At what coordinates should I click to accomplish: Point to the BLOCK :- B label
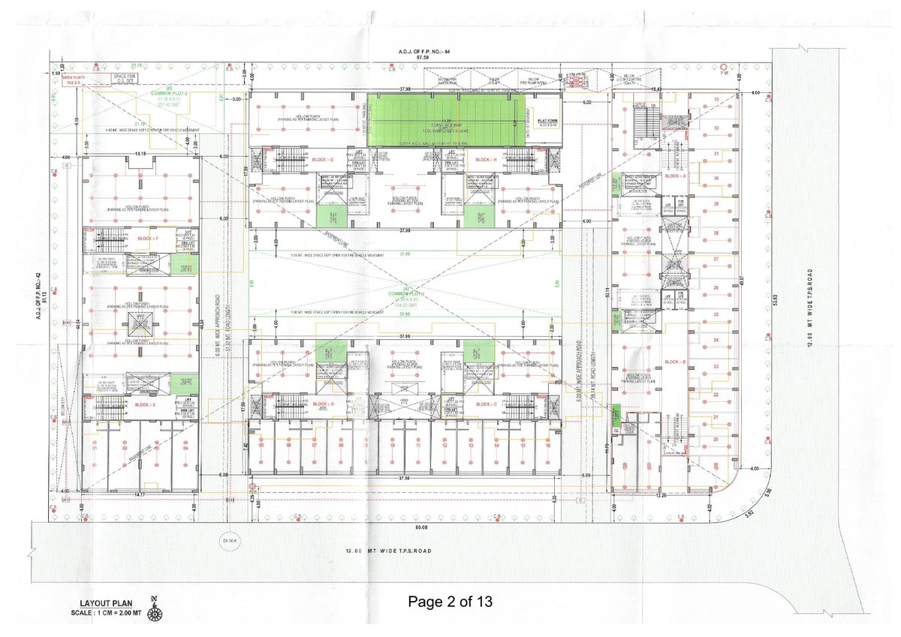pos(676,362)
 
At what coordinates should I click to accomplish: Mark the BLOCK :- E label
pos(148,404)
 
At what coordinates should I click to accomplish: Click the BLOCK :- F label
pos(148,238)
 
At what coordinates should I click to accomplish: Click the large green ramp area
pos(445,119)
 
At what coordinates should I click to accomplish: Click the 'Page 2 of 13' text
pos(450,602)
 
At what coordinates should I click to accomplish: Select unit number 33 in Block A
pos(716,100)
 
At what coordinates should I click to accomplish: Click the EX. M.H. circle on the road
pos(223,539)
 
